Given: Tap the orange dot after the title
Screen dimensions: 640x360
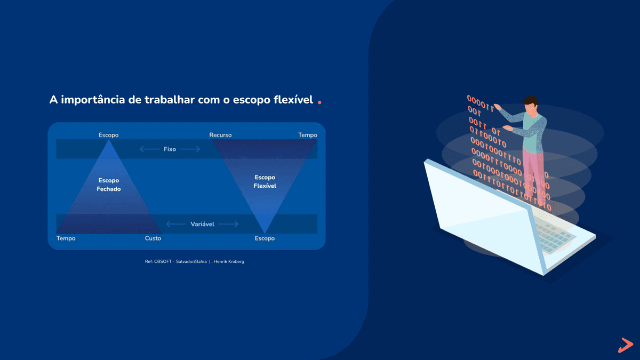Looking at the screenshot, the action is tap(319, 102).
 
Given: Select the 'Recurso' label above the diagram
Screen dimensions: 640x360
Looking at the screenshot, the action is tap(220, 135).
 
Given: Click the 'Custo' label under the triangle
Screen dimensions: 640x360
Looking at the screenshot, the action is tap(153, 238).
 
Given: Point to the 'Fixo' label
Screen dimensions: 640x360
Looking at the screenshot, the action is tap(170, 149).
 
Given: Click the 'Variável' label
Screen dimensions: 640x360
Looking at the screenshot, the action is tap(202, 224).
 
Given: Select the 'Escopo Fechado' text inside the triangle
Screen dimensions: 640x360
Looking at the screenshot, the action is tap(109, 185).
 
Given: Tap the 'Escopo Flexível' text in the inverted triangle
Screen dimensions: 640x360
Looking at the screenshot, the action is tap(265, 181).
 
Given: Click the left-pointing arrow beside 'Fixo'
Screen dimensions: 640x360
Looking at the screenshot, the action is tap(149, 149).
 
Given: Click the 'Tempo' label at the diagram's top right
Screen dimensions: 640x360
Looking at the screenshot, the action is tap(307, 135).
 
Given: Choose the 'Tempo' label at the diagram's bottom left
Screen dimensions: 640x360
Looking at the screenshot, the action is tap(66, 238).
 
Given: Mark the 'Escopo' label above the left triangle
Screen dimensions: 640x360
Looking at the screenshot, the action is tap(109, 135).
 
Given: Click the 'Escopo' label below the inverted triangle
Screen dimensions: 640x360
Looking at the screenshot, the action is tap(265, 238).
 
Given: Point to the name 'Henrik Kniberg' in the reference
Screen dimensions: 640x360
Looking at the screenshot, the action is tap(229, 261).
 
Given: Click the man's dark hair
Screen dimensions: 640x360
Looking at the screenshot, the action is tap(531, 101).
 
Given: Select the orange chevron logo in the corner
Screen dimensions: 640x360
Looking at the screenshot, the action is tap(626, 345).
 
